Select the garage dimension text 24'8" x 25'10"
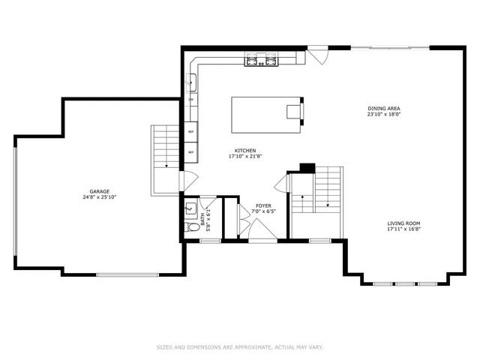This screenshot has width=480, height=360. [x=100, y=197]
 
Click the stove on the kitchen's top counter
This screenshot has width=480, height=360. [x=259, y=59]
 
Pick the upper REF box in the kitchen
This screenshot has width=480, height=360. [x=191, y=132]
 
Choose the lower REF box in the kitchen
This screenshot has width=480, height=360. [x=191, y=152]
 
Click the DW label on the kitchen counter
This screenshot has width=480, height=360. [x=191, y=100]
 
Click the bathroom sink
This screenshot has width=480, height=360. [x=190, y=208]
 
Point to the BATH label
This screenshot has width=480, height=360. [x=202, y=220]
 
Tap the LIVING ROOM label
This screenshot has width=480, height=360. [x=403, y=223]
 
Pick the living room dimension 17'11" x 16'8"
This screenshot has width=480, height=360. [x=403, y=229]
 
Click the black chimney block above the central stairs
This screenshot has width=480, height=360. [x=306, y=167]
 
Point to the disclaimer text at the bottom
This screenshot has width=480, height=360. [x=239, y=346]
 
